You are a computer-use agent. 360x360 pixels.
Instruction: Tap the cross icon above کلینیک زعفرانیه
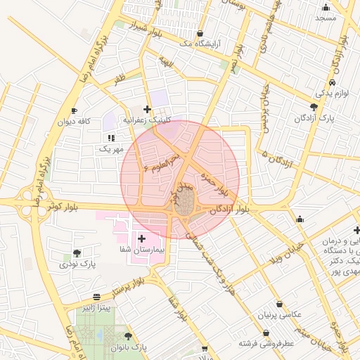pyautogui.click(x=146, y=109)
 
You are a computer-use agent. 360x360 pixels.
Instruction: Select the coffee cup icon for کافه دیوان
pyautogui.click(x=75, y=111)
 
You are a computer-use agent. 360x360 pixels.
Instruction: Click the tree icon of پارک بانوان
pyautogui.click(x=127, y=337)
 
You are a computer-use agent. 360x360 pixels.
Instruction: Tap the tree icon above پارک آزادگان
pyautogui.click(x=314, y=107)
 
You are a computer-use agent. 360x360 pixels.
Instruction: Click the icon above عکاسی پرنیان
pyautogui.click(x=280, y=304)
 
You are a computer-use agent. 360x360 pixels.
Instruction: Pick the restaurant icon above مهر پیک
pyautogui.click(x=110, y=138)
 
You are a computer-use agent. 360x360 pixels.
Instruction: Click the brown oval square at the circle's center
pyautogui.click(x=185, y=207)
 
